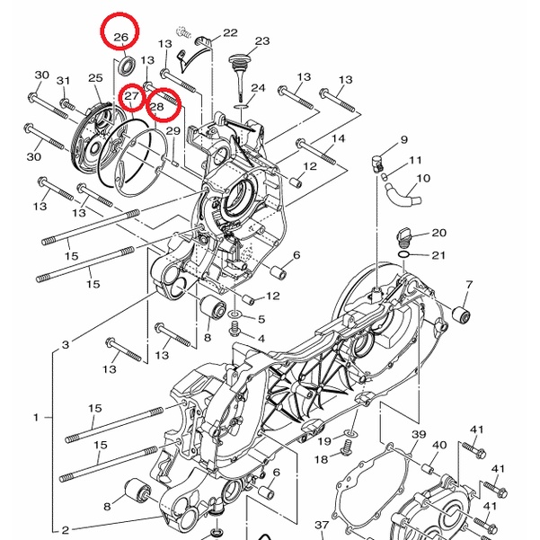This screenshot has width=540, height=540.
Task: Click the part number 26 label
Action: (120, 37)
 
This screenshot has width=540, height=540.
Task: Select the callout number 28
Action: (156, 107)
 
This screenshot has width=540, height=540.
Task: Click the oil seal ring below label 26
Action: (128, 66)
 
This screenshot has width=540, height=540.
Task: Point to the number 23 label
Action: (262, 41)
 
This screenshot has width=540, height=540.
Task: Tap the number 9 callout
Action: (404, 139)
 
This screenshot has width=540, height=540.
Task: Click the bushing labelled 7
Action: (462, 313)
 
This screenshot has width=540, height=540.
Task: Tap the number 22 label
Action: (230, 32)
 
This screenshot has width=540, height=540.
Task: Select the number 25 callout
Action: (95, 78)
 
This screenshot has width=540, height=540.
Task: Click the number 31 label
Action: (63, 81)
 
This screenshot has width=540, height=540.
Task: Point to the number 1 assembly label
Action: (36, 418)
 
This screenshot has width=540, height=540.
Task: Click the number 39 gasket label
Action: (419, 435)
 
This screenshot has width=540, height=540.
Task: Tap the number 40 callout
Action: (439, 445)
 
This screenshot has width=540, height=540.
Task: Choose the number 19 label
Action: (324, 441)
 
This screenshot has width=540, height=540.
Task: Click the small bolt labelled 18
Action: (345, 452)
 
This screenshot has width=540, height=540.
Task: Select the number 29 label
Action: (173, 131)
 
